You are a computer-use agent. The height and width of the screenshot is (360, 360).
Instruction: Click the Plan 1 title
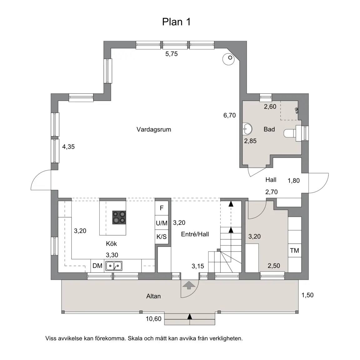pos(176,22)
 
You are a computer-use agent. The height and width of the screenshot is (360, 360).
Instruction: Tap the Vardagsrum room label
pos(154,129)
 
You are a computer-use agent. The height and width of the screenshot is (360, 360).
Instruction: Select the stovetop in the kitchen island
pos(119,217)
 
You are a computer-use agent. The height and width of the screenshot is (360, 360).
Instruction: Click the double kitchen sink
pos(114,266)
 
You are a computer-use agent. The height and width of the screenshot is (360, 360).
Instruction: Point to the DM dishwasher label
pos(97,266)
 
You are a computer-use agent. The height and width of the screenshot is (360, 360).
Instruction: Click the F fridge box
pos(162,208)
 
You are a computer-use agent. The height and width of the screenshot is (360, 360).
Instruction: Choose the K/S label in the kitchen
pos(162,237)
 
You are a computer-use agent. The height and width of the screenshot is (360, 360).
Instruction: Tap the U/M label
pos(162,223)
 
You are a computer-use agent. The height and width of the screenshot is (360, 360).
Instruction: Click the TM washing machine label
pos(294,250)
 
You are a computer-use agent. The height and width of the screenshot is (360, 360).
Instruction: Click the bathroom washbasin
pos(247,129)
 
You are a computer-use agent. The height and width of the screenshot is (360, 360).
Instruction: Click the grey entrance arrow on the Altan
pos(189,285)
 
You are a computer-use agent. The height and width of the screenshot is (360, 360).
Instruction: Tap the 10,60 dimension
pos(154,319)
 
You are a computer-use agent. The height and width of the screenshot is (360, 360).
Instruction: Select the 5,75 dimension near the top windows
pos(172,54)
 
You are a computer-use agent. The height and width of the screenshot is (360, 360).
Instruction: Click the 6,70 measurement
pos(230,115)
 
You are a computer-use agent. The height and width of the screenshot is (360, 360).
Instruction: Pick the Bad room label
pos(269,129)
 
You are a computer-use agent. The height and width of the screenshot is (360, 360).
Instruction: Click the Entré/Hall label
pos(195,234)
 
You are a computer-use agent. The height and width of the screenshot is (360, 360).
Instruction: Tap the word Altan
pos(153,296)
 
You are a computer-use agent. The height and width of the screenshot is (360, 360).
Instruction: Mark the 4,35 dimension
pos(68,147)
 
